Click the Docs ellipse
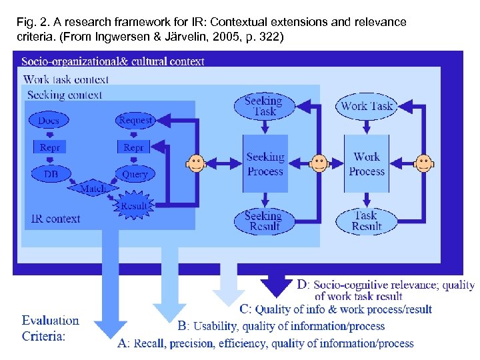(x=49, y=121)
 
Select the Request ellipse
(x=135, y=121)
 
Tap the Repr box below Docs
(x=49, y=147)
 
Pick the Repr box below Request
(x=134, y=147)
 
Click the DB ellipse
(x=51, y=174)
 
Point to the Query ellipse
(x=135, y=174)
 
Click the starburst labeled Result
(x=134, y=206)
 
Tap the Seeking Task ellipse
(x=264, y=106)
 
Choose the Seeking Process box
(x=265, y=164)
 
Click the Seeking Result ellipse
(x=264, y=221)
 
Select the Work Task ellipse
(x=367, y=106)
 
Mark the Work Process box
(x=367, y=164)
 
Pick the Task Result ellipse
(x=366, y=221)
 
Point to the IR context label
(x=56, y=219)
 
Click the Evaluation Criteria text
(x=50, y=328)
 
